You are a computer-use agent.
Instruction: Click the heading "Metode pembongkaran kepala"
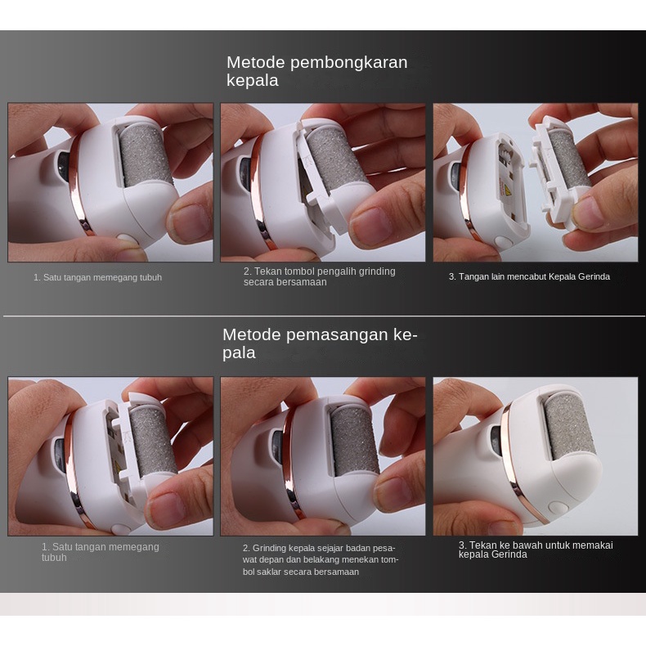point(316,71)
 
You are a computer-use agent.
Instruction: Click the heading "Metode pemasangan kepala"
point(320,343)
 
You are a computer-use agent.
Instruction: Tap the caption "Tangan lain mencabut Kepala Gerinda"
point(534,276)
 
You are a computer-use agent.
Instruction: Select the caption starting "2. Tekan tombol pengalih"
point(319,276)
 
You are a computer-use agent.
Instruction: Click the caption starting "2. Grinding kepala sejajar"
point(320,560)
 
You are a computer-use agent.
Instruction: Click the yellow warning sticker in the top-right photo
point(505,187)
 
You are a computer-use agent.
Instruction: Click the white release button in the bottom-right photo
point(558,507)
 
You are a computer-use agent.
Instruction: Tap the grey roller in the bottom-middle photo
point(354,441)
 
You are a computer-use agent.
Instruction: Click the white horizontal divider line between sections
point(324,316)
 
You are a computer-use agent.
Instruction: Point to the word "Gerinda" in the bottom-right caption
point(511,554)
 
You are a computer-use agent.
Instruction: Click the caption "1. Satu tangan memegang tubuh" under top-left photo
point(97,277)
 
